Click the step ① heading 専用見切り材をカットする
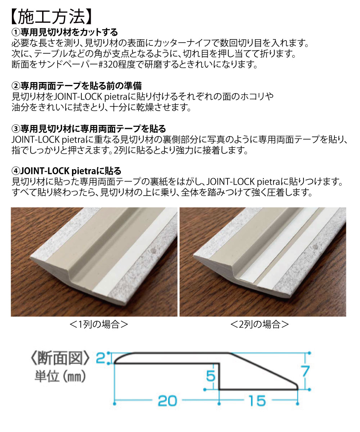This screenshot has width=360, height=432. pos(65,33)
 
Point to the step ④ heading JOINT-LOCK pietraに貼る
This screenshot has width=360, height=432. pos(67,171)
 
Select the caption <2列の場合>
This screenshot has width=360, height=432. pos(260,324)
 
